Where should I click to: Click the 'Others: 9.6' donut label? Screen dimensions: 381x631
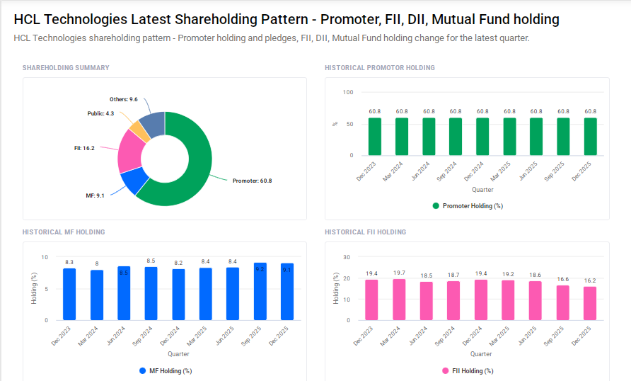(123, 99)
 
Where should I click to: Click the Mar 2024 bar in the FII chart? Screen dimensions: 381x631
(399, 300)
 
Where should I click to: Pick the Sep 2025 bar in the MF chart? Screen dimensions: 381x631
(260, 291)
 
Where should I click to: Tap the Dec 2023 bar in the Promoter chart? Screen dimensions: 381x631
(374, 137)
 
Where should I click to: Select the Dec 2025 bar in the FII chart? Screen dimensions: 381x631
(589, 303)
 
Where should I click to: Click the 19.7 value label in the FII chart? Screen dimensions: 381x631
(399, 273)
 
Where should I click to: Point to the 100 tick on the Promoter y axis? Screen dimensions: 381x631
(347, 92)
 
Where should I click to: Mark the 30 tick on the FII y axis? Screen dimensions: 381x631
(347, 257)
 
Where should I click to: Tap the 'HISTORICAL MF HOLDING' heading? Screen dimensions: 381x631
(64, 232)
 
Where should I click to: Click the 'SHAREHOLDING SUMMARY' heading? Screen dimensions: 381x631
(66, 68)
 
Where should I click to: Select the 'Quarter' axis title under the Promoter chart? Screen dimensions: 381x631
(483, 189)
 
